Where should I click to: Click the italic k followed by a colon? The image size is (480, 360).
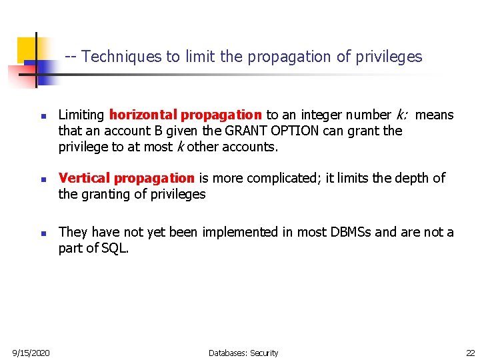pos(403,115)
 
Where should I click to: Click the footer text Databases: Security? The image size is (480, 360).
pos(243,353)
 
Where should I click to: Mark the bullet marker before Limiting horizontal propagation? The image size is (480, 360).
pos(41,116)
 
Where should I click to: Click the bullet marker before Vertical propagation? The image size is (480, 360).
pos(41,179)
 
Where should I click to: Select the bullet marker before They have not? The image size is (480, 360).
pos(41,233)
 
